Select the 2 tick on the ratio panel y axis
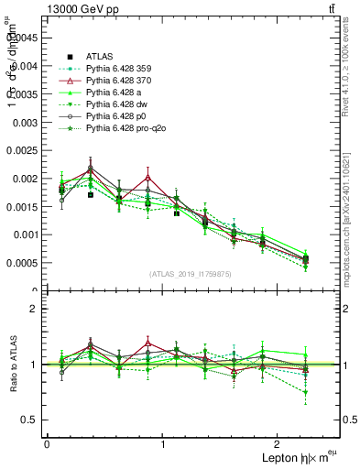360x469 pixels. click(x=34, y=309)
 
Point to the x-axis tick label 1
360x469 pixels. click(x=163, y=443)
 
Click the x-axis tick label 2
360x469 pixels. click(x=279, y=443)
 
